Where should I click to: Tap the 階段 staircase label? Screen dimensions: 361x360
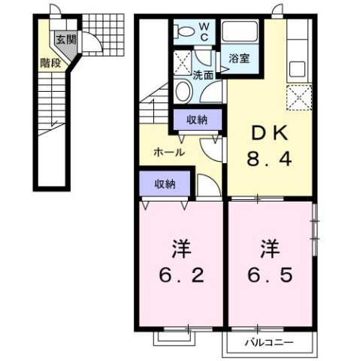[51, 64]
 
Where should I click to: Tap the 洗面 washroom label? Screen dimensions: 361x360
[203, 75]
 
